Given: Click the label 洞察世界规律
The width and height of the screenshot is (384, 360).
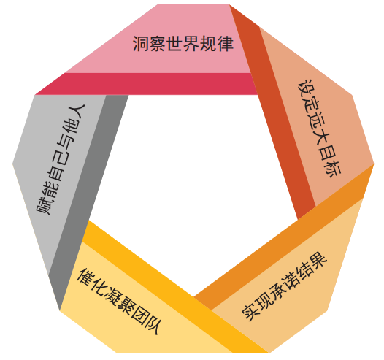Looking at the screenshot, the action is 183,44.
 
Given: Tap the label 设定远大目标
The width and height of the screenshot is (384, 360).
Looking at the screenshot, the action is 319,129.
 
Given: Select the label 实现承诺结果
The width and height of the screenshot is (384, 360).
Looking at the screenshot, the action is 284,286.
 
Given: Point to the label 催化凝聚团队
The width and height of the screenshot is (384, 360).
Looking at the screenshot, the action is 118,302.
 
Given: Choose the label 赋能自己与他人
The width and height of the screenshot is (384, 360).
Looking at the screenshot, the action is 61,159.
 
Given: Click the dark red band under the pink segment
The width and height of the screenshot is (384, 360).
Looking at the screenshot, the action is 147,84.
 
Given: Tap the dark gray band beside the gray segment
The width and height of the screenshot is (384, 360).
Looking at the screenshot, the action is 88,201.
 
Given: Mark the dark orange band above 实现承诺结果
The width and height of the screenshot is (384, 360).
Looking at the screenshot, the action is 284,237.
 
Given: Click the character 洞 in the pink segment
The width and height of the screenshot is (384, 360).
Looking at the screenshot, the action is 141,44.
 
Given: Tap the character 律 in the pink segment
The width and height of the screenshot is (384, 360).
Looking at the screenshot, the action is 226,44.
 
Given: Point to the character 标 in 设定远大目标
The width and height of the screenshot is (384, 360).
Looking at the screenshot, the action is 332,169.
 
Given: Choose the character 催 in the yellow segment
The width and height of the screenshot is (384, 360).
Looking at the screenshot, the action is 85,277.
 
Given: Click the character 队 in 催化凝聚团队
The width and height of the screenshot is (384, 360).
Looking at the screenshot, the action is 151,326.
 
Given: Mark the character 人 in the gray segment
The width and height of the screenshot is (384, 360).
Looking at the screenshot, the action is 77,112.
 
